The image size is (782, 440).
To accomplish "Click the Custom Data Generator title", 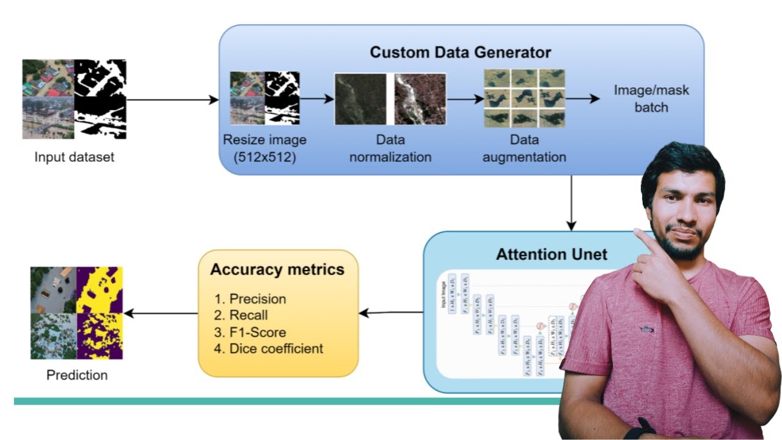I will [461, 52].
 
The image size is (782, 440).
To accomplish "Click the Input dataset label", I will [74, 157].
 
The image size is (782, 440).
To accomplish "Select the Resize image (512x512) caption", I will [265, 148].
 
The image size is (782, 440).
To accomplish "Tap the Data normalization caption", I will [390, 148].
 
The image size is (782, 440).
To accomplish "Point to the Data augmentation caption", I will [524, 148].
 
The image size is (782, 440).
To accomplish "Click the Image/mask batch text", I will [651, 98].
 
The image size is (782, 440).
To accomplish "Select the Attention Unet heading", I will [552, 254].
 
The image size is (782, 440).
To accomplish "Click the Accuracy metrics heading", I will [277, 269].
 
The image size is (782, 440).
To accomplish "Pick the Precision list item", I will [257, 299].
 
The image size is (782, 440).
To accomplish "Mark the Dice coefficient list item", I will [275, 349].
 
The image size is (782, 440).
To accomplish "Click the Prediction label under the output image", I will [77, 375].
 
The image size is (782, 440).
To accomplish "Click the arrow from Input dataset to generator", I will [172, 99].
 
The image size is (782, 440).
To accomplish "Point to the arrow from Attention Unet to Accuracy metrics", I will [391, 313].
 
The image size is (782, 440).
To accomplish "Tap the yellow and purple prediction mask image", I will [100, 313].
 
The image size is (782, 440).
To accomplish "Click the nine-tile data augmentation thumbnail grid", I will [524, 98].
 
